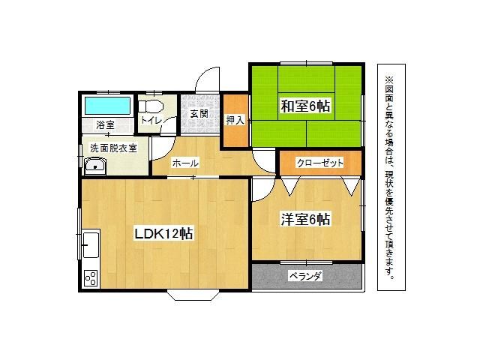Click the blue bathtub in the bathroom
(x=107, y=106)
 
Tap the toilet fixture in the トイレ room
(x=150, y=106)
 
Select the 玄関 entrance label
(x=199, y=114)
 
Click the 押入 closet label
(x=235, y=120)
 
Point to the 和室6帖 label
(x=305, y=106)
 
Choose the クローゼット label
(x=320, y=163)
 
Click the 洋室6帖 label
(x=305, y=220)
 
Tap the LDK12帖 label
(x=163, y=234)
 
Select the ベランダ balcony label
(x=305, y=276)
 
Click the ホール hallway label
(x=185, y=163)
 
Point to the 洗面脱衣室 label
(x=113, y=148)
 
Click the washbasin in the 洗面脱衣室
(x=95, y=166)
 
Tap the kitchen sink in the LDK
(x=91, y=245)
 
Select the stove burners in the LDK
(x=91, y=278)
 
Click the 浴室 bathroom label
(x=105, y=125)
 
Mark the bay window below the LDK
(x=193, y=295)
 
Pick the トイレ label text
(x=151, y=120)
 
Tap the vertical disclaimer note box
(x=391, y=177)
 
